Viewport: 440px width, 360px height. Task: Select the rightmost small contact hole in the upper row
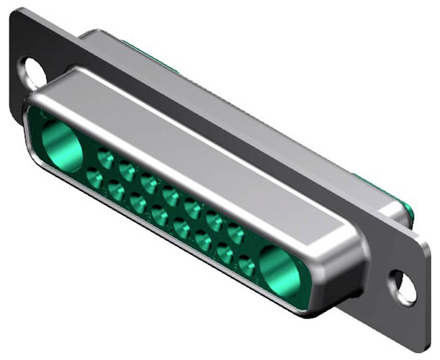point(235,233)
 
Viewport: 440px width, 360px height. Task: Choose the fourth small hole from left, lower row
point(159,216)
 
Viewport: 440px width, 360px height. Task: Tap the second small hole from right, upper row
point(213,220)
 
